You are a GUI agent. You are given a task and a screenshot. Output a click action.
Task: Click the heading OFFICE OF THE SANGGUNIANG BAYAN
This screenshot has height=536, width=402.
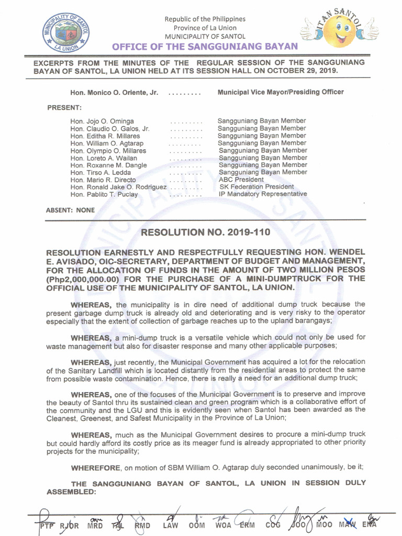click(205, 47)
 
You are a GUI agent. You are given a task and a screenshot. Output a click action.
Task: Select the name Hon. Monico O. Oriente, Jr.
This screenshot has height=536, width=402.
click(114, 93)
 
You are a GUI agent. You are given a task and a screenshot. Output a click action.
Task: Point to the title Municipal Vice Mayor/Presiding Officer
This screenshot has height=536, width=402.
click(281, 92)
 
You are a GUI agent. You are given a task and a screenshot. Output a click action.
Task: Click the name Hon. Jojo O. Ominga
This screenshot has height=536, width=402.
click(102, 121)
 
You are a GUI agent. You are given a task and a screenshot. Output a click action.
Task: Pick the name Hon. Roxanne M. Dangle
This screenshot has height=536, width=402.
click(108, 165)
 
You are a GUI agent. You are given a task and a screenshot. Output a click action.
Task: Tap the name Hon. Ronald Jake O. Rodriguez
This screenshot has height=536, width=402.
click(118, 187)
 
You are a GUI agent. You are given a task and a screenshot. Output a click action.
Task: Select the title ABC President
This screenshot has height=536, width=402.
click(241, 180)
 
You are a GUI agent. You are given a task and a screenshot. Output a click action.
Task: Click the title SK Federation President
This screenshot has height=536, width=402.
click(256, 187)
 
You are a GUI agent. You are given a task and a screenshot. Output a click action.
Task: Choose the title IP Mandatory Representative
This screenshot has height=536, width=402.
click(263, 194)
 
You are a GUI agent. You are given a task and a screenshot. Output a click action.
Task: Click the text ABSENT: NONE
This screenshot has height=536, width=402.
click(71, 210)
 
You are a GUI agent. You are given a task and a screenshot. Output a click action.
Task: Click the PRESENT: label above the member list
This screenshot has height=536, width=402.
click(64, 108)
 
